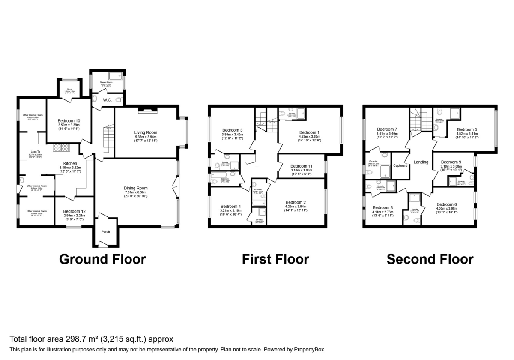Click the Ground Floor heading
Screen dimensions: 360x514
click(102, 259)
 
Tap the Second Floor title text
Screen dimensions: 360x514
click(430, 259)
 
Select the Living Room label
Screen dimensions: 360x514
click(146, 132)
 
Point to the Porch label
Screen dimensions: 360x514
click(105, 232)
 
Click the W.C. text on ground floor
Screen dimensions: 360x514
click(107, 100)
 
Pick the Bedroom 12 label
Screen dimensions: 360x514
click(75, 211)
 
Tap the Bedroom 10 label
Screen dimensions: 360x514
click(69, 121)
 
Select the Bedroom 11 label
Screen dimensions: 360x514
click(301, 166)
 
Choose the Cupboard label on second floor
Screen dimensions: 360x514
click(400, 165)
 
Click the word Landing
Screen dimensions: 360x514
click(421, 162)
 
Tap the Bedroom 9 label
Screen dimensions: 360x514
click(451, 162)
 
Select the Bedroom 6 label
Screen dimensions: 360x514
click(447, 204)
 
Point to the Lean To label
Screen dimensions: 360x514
click(35, 151)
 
